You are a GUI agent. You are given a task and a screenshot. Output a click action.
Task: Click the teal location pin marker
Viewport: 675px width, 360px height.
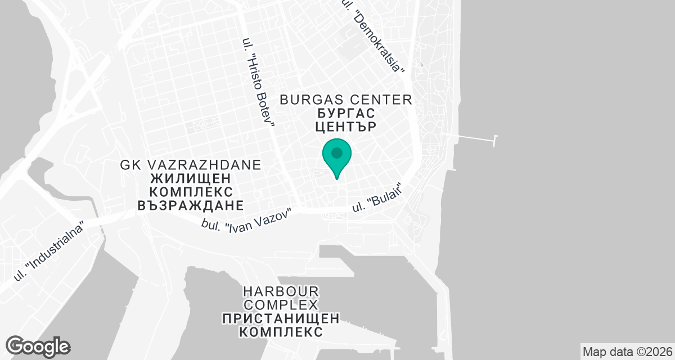[x=337, y=157]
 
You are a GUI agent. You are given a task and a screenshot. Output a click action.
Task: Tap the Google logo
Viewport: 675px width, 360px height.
[x=38, y=346]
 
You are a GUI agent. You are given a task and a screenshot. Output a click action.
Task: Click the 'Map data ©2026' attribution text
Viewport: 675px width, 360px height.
[x=627, y=352]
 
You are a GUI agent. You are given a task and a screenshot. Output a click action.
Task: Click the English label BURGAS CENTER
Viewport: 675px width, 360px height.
[x=346, y=100]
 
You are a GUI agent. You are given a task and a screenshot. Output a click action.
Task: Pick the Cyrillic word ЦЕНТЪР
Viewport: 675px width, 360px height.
[x=345, y=127]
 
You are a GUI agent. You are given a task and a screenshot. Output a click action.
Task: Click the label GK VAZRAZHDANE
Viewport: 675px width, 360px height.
[x=191, y=165]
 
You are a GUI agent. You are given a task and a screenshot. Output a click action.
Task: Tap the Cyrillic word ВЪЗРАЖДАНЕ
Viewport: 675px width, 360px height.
[x=190, y=205]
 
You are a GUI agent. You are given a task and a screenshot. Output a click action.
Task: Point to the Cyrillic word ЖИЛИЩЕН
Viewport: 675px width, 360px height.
[x=191, y=179]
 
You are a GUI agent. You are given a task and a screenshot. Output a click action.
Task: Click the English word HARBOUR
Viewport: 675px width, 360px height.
[x=281, y=291]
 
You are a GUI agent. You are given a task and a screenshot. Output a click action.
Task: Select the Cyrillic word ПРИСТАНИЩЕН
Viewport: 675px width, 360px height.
[x=281, y=318]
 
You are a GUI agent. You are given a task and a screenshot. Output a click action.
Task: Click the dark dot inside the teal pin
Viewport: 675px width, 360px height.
[x=337, y=152]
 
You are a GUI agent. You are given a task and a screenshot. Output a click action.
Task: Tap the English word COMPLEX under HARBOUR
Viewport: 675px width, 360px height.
[x=281, y=305]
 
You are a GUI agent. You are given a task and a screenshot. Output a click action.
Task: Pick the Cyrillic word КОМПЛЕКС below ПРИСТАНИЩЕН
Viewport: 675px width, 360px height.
[x=281, y=332]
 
